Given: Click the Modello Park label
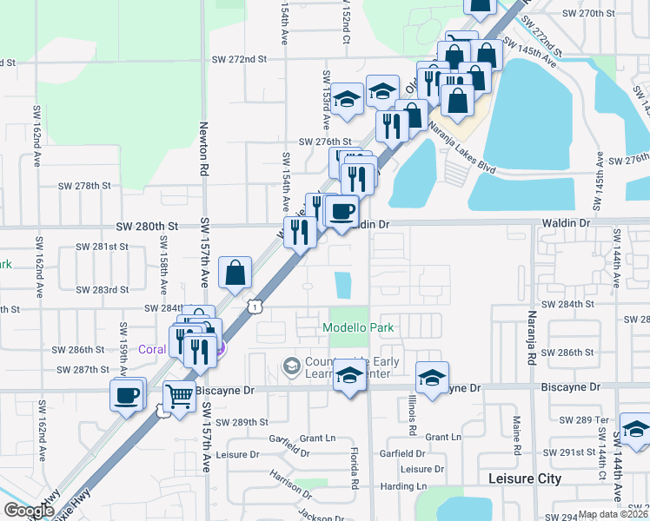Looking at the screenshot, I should (x=358, y=328).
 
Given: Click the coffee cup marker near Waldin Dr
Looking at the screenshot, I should (x=342, y=210).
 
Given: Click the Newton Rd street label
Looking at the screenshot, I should (x=205, y=148).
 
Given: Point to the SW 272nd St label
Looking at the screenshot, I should (x=239, y=59).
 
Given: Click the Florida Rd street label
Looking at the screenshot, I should (x=355, y=469).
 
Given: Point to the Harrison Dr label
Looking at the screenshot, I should (x=289, y=483).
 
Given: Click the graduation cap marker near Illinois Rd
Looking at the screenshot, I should (x=432, y=377).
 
